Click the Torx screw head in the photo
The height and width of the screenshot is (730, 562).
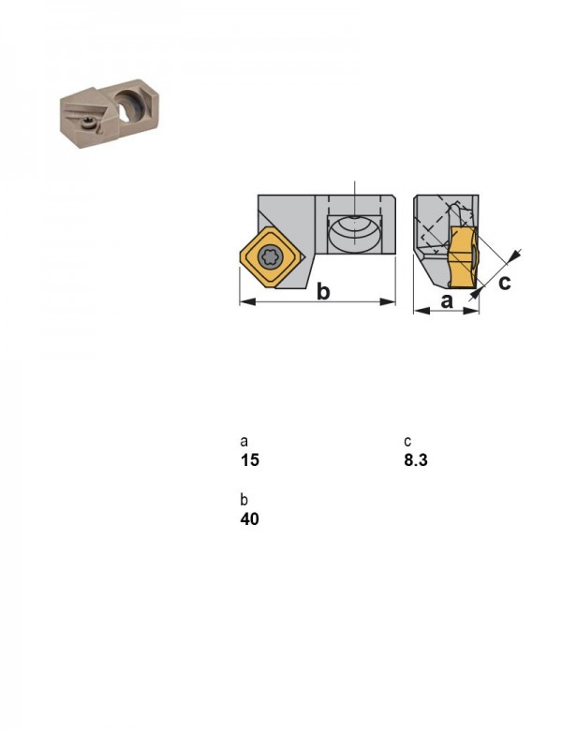(x=87, y=123)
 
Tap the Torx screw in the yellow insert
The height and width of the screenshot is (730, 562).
(x=271, y=256)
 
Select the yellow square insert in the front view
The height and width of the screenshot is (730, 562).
(x=272, y=256)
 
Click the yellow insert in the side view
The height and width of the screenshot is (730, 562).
(x=462, y=256)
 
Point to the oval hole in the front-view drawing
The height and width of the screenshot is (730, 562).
(x=356, y=234)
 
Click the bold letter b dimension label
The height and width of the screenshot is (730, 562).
(x=323, y=291)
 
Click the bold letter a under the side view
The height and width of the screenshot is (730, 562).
(x=447, y=301)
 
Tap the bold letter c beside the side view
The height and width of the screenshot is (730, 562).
(x=504, y=282)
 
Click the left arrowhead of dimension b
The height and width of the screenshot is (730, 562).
(x=247, y=302)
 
